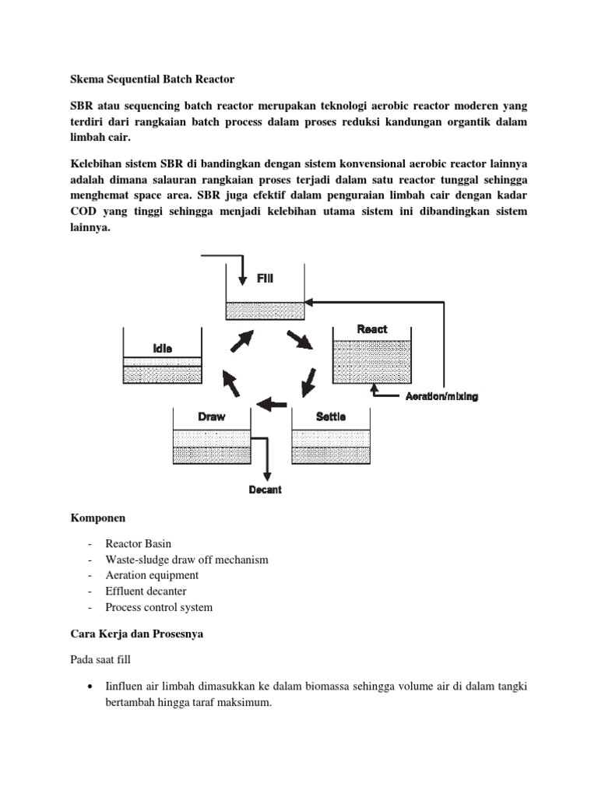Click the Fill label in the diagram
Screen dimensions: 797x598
(x=266, y=277)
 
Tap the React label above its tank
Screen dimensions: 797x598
(x=371, y=329)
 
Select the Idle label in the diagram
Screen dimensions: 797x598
(x=162, y=349)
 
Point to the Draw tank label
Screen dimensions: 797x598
(x=211, y=416)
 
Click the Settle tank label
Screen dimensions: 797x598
(x=331, y=416)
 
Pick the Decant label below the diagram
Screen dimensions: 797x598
(x=265, y=490)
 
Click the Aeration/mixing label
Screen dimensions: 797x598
(x=441, y=396)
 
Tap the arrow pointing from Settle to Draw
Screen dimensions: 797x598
(x=272, y=403)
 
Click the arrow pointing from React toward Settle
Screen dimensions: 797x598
(x=309, y=381)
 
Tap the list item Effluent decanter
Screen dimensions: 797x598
(x=146, y=592)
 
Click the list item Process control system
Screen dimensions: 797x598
(x=159, y=607)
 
